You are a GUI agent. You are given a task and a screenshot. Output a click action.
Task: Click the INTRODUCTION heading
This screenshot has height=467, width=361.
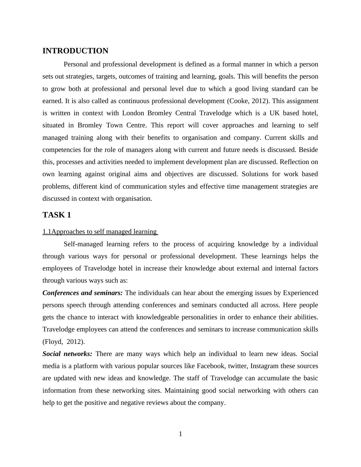pos(75,51)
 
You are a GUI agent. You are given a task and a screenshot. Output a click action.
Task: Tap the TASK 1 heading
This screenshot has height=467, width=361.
pos(57,215)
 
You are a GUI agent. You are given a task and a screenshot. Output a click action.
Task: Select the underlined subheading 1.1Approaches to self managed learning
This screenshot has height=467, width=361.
pos(100,232)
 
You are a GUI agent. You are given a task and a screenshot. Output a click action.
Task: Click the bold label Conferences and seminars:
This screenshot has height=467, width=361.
pos(83,293)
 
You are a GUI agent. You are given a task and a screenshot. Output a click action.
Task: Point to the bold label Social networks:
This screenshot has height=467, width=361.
pos(67,354)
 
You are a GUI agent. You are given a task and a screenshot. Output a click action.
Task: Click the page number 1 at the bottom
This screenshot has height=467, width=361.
pos(180,434)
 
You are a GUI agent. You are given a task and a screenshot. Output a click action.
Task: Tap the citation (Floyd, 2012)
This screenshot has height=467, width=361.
pos(64,342)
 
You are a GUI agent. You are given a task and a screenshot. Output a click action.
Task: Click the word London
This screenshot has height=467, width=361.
pos(133,113)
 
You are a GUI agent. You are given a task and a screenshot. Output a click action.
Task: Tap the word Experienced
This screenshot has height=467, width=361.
pos(300,293)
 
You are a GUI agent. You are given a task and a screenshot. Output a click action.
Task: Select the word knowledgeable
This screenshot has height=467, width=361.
pos(157,317)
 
